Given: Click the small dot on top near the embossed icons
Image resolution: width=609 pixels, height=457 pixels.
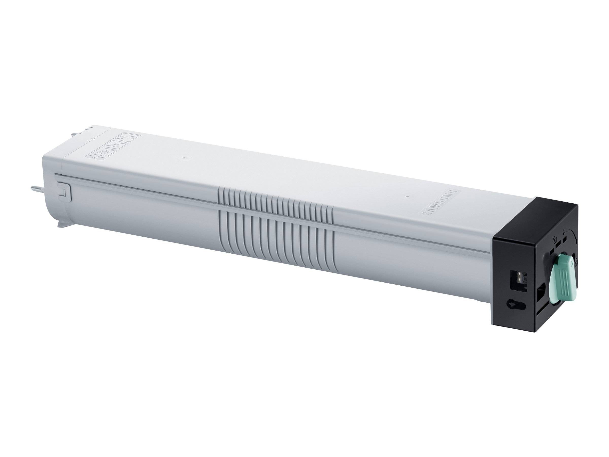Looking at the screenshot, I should [x=184, y=158].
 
